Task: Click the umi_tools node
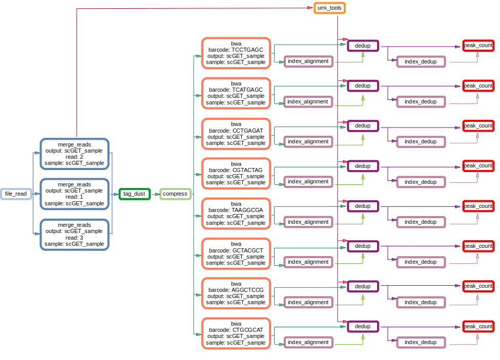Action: (329, 8)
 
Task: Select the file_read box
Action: (15, 194)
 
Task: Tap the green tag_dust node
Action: (134, 194)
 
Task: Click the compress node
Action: (175, 194)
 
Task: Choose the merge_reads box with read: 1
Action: (74, 194)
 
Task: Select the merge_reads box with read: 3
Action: (74, 234)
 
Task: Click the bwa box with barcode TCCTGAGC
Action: (236, 53)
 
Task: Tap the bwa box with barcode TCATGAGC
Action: (236, 93)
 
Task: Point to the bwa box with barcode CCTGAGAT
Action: (236, 133)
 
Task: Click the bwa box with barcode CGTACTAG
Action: (236, 173)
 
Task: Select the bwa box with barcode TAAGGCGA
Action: (236, 213)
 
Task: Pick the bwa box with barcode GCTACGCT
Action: (236, 253)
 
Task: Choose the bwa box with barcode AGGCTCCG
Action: (236, 293)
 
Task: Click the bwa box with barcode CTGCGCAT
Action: (236, 333)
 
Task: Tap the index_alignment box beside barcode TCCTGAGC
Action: (308, 61)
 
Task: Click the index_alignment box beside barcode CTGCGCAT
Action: (308, 342)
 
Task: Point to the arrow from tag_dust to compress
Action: (155, 194)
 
